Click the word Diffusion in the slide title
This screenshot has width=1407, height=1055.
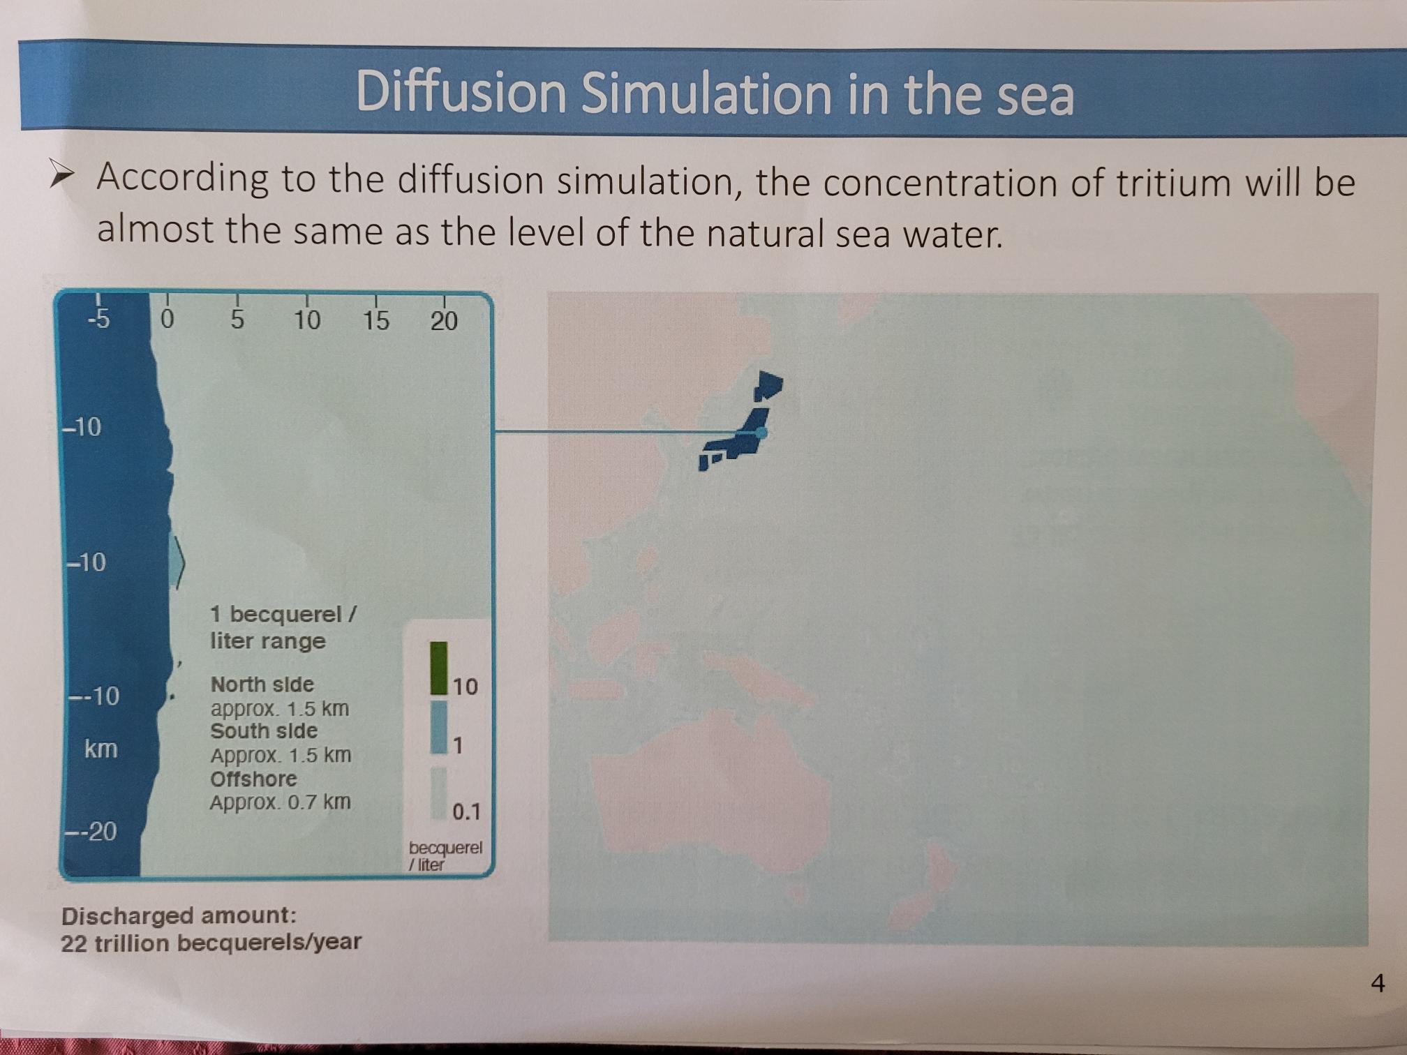click(461, 92)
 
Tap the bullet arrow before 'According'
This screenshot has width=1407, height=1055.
click(61, 174)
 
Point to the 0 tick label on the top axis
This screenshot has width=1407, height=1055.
click(167, 320)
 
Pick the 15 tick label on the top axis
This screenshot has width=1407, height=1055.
click(375, 320)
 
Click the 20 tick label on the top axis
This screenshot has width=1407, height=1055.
click(444, 321)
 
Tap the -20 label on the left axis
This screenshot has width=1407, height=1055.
click(91, 832)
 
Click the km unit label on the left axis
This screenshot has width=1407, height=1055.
click(100, 749)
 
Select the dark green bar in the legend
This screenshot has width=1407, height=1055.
click(438, 668)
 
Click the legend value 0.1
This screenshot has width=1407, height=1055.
click(466, 811)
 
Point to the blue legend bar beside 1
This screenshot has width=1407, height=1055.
click(438, 727)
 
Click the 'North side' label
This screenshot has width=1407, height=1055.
click(262, 684)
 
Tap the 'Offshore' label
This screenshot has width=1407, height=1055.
click(254, 779)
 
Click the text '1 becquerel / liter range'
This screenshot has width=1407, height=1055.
click(283, 627)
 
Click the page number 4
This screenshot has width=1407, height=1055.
click(1378, 982)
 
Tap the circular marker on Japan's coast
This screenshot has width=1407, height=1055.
click(761, 433)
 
